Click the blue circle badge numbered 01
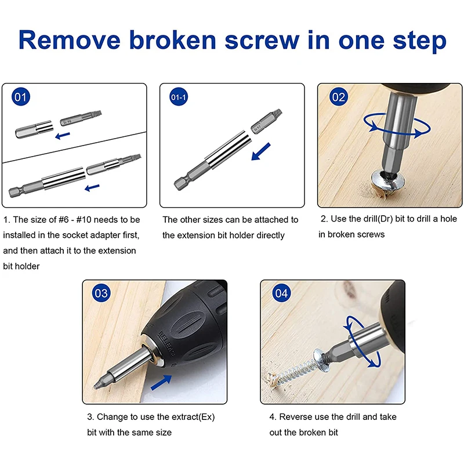point(21,97)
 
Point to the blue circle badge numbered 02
point(338,97)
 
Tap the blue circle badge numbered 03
point(101,293)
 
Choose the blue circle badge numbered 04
point(281,294)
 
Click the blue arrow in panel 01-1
point(260,154)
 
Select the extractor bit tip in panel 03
point(106,377)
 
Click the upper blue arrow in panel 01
point(63,134)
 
